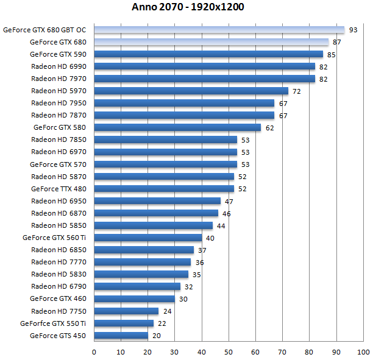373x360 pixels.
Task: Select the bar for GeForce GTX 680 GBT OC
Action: [219, 30]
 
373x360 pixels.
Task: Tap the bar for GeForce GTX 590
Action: [208, 54]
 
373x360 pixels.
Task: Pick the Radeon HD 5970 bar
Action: [191, 91]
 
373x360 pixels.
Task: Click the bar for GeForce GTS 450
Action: [121, 335]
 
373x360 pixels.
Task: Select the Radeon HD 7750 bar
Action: [126, 311]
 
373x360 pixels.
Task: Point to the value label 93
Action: [353, 30]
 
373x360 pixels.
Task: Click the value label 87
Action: [337, 42]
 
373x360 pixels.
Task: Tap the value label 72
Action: [297, 91]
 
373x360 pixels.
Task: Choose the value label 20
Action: [157, 335]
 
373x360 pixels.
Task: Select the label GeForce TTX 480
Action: [59, 189]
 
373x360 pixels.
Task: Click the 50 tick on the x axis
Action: [229, 351]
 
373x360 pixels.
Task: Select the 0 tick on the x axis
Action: [94, 351]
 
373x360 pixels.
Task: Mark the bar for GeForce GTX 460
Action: [135, 298]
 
